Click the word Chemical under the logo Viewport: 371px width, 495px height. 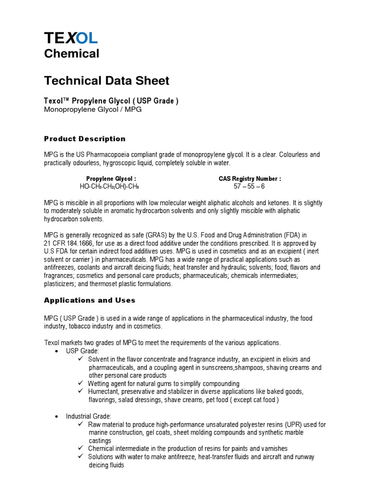click(71, 53)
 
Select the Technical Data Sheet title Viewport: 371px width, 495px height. click(107, 80)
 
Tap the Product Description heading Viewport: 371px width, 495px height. click(85, 139)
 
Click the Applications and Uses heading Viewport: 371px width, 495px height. click(89, 300)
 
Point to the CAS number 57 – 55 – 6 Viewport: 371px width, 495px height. click(249, 186)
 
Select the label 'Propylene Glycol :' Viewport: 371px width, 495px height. click(111, 178)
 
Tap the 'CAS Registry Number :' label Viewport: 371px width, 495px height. click(250, 178)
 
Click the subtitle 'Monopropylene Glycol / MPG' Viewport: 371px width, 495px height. click(93, 110)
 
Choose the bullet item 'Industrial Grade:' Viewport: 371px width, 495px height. click(88, 416)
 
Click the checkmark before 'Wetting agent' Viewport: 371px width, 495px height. click(81, 383)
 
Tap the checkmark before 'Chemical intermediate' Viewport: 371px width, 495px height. click(81, 449)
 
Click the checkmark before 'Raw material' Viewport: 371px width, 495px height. click(81, 424)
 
